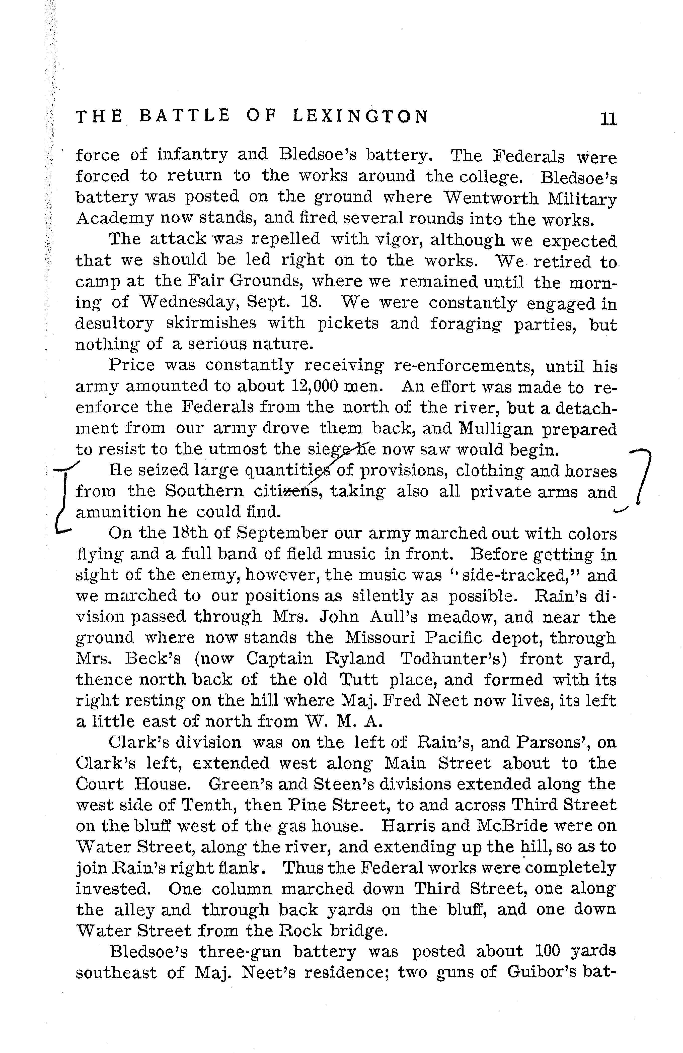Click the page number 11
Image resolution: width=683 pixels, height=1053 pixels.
[x=608, y=118]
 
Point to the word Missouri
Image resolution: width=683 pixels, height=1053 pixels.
[x=377, y=638]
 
